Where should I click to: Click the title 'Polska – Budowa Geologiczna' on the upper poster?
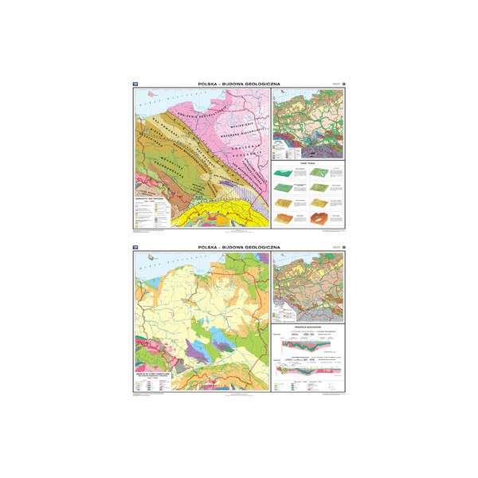pos(239,83)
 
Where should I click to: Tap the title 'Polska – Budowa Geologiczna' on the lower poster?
pos(239,248)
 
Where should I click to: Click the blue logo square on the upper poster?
pos(135,83)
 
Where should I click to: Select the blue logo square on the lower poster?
pos(135,248)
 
